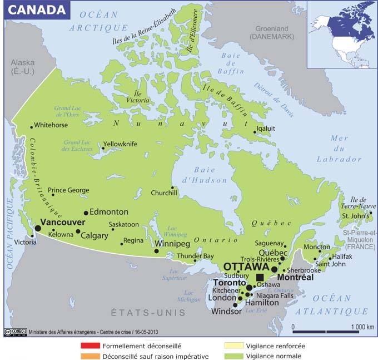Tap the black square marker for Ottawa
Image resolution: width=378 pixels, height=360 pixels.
click(260, 277)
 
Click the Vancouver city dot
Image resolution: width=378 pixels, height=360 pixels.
click(38, 228)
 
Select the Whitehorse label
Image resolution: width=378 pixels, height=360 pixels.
click(52, 125)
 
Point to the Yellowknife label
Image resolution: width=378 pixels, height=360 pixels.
click(120, 144)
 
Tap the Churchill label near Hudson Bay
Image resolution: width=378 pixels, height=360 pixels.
click(164, 193)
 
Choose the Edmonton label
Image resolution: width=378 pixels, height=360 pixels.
click(109, 212)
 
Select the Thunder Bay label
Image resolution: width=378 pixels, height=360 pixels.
click(195, 256)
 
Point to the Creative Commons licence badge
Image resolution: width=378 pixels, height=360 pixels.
click(15, 332)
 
